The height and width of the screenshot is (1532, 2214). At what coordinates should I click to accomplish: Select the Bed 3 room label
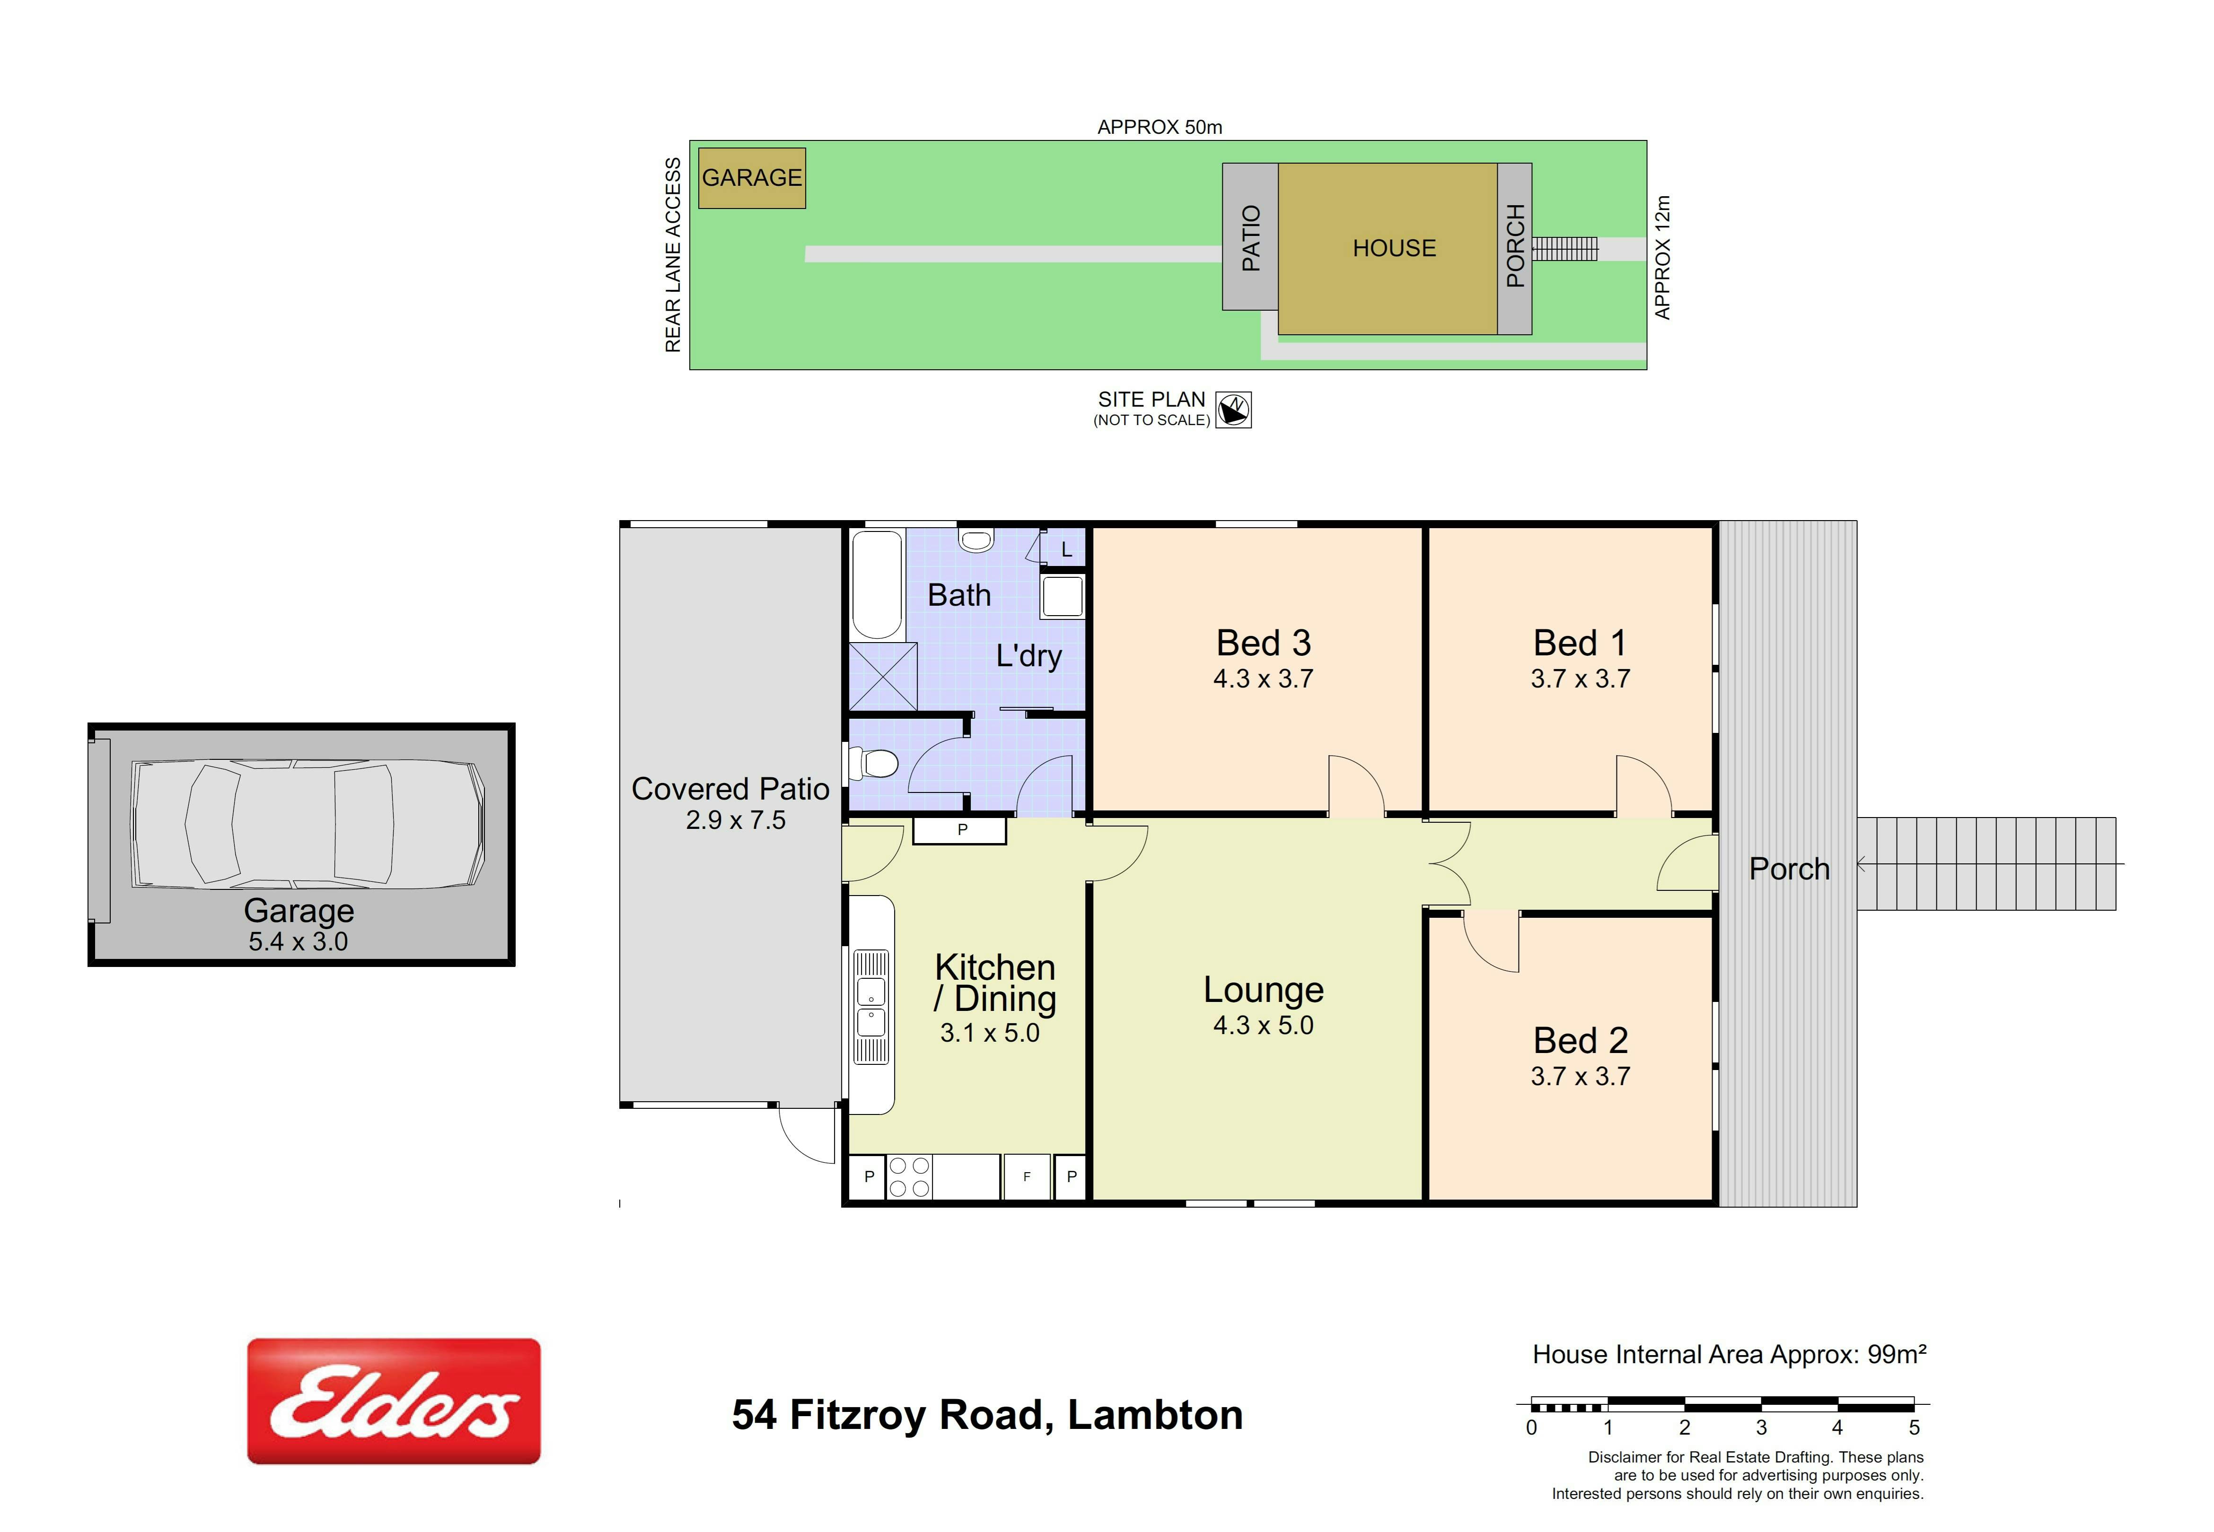(x=1264, y=642)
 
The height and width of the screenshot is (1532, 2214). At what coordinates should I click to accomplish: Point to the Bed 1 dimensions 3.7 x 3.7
(x=1581, y=679)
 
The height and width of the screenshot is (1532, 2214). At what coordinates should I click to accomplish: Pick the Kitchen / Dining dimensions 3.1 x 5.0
(x=990, y=1033)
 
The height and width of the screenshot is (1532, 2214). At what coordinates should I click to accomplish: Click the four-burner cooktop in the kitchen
(x=909, y=1177)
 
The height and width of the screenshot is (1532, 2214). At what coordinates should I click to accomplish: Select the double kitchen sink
(x=871, y=1007)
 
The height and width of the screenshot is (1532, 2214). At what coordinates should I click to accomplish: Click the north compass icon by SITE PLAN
(x=1234, y=410)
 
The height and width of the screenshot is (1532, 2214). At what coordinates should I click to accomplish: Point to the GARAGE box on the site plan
(x=752, y=178)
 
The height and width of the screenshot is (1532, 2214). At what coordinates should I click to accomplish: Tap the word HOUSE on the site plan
(x=1394, y=249)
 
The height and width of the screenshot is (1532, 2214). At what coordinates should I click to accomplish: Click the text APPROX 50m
(x=1160, y=127)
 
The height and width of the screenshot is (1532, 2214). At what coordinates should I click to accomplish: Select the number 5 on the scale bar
(x=1914, y=1428)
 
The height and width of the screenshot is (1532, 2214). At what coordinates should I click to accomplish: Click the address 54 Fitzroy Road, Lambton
(x=987, y=1415)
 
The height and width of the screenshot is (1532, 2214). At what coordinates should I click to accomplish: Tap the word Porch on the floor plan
(x=1790, y=869)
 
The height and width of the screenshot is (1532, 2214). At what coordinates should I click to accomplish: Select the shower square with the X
(x=883, y=677)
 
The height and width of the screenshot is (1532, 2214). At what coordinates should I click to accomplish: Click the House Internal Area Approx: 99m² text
(x=1729, y=1354)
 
